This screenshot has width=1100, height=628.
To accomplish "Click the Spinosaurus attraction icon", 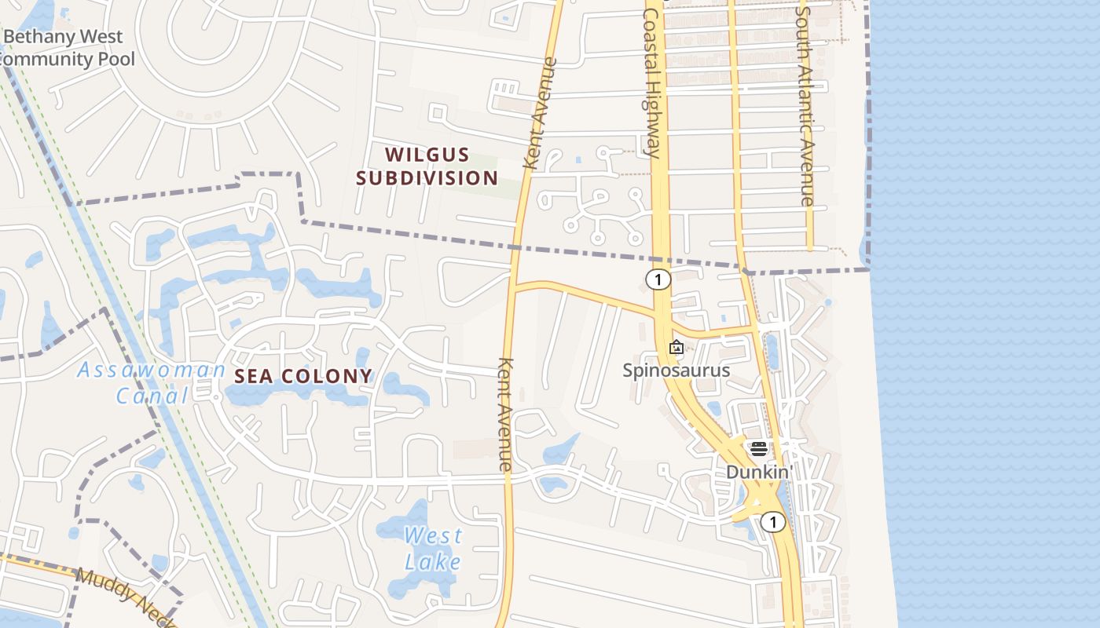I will (x=676, y=347).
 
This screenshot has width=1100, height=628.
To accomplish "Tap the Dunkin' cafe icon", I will (x=759, y=449).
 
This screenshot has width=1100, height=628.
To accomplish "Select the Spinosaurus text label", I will (x=676, y=371).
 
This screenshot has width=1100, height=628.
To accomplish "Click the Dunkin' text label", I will (x=759, y=472).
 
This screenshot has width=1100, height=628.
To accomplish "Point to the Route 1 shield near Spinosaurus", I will (x=658, y=279).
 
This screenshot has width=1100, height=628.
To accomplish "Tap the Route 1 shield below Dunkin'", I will (x=773, y=522).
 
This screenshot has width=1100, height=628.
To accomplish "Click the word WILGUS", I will (x=427, y=155).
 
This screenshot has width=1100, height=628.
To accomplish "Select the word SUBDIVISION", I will (x=427, y=178).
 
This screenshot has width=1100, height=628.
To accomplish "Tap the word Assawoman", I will (x=151, y=370).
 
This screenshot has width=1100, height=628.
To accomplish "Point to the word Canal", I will (x=152, y=396).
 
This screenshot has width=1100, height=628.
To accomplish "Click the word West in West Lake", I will (x=433, y=537).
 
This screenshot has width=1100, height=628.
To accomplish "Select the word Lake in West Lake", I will (x=433, y=562).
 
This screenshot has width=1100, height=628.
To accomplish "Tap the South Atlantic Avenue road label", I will (x=804, y=102).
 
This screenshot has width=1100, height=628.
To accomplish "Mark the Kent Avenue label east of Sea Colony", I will (x=505, y=414).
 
